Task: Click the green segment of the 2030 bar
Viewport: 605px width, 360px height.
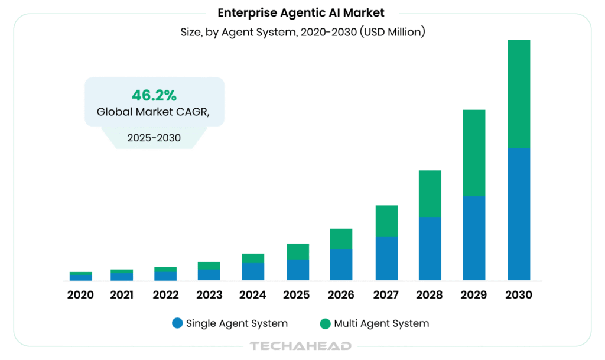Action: tap(518, 93)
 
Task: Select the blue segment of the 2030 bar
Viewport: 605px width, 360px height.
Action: tap(518, 213)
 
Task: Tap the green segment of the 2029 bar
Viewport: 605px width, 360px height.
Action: tap(474, 153)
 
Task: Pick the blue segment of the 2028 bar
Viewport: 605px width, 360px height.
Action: tap(430, 248)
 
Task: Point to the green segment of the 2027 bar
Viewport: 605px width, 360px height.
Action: tap(386, 221)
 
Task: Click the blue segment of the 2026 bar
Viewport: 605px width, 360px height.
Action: tap(341, 264)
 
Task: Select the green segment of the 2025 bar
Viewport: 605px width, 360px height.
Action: tap(298, 251)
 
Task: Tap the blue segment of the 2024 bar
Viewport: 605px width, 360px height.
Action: tap(253, 271)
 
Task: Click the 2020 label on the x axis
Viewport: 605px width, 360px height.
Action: tap(80, 294)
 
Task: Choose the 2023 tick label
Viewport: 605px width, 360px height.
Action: tap(210, 294)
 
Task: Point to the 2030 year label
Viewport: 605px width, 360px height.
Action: tap(518, 294)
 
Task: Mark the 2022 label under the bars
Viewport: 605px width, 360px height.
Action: tap(166, 294)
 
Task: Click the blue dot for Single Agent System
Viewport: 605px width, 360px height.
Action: tap(177, 323)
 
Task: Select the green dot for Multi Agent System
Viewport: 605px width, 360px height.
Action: tap(325, 323)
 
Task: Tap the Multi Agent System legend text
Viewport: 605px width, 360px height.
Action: tap(381, 323)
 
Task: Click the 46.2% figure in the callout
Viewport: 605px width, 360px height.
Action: tap(154, 95)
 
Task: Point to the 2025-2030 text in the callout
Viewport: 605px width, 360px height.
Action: tap(154, 138)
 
